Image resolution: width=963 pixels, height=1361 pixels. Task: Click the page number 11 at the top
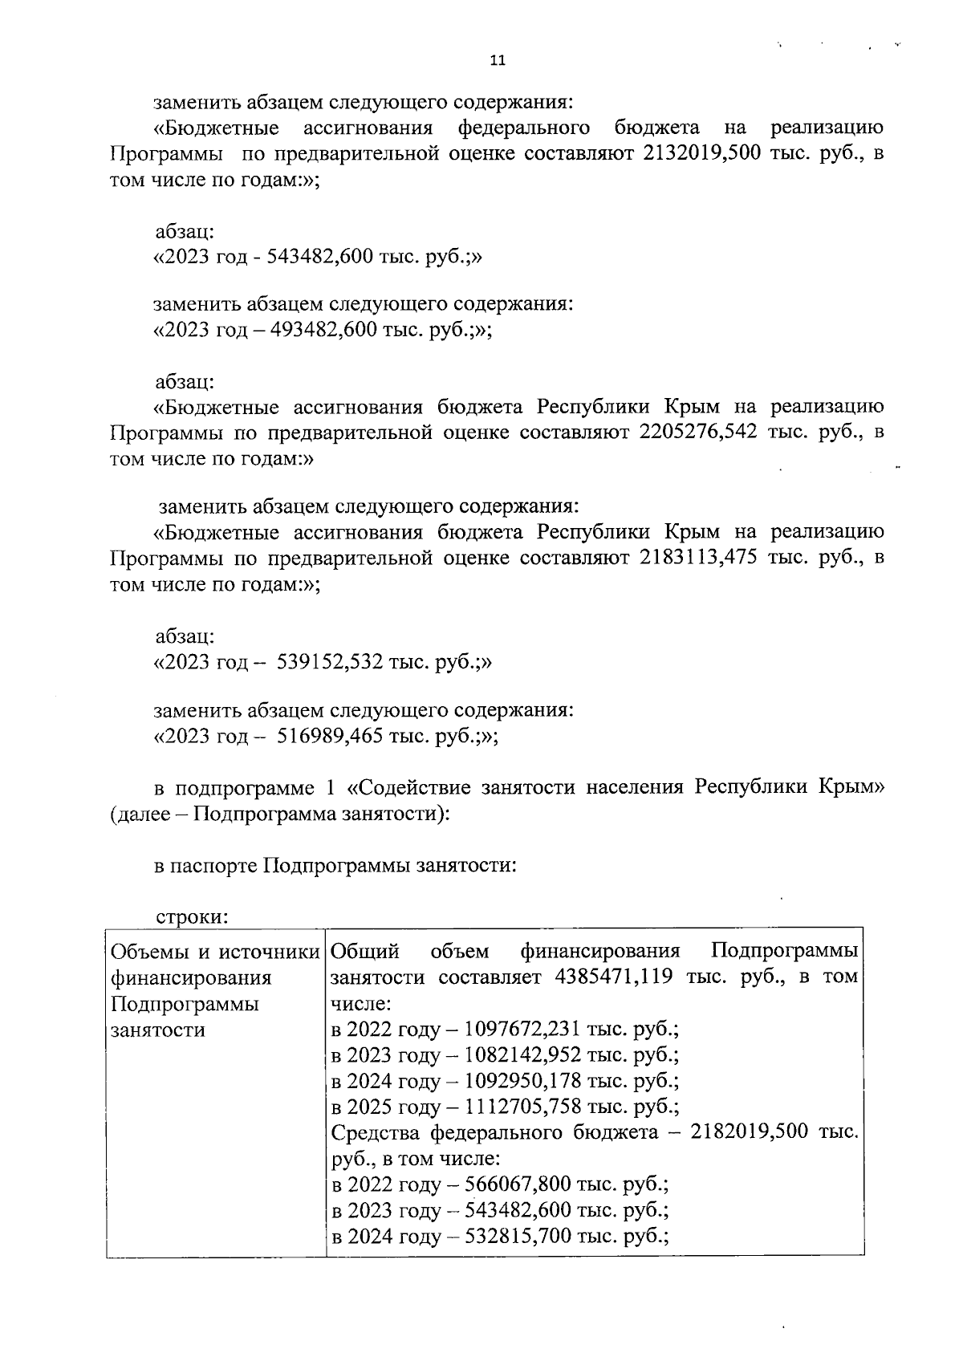click(497, 60)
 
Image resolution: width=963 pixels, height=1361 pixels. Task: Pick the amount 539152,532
click(330, 662)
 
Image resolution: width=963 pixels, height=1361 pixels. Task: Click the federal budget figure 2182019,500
click(750, 1132)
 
